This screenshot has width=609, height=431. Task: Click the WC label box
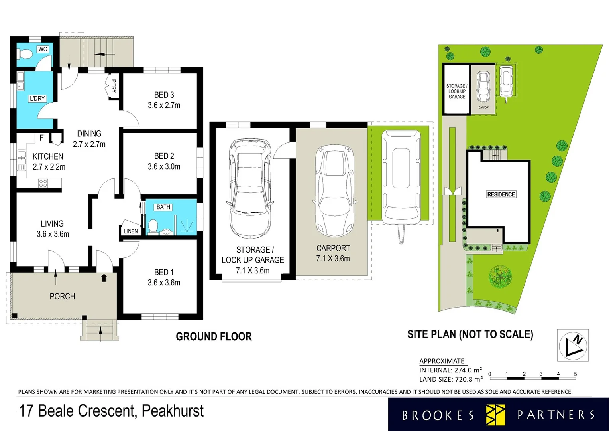pos(43,49)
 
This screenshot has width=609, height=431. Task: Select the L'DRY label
pos(37,98)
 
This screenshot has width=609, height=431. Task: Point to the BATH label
pos(163,207)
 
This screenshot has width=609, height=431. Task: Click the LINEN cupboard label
pos(131,231)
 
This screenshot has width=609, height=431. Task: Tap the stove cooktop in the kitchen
pos(43,183)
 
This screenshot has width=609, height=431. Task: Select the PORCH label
pos(62,296)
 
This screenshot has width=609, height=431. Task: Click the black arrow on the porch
pos(104,277)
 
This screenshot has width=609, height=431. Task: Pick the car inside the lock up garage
pos(250,188)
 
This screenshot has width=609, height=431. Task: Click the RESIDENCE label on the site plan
pos(501,194)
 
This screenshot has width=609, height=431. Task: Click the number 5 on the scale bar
pos(575,374)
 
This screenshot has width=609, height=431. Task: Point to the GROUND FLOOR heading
pos(214,336)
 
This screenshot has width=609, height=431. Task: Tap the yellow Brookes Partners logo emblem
pos(495,415)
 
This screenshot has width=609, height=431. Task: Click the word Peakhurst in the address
pos(173,411)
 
